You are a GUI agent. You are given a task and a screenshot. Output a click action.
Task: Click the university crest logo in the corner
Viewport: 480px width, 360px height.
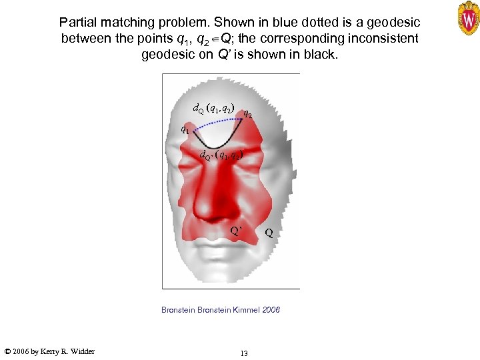point(468,18)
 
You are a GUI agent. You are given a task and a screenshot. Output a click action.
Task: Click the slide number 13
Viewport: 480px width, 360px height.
point(244,353)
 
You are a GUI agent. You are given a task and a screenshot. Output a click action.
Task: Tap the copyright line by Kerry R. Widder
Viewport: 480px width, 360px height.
point(49,351)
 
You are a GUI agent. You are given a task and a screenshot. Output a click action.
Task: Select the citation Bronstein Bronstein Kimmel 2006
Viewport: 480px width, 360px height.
point(221,310)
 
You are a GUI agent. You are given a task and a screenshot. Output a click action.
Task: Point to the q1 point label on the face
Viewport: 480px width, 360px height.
point(185,129)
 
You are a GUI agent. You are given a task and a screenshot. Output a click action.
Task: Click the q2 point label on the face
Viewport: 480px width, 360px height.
point(247,113)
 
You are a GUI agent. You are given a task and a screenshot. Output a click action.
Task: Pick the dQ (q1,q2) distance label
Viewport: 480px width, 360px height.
point(213,108)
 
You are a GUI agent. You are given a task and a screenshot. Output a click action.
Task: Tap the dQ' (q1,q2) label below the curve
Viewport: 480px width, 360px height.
point(222,155)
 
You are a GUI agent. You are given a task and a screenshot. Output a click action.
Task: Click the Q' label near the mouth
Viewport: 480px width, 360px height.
point(236,231)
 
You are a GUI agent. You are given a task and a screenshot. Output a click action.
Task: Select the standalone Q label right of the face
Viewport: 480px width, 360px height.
point(268,233)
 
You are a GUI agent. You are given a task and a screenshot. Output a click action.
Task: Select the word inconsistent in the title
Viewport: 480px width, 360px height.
point(377,38)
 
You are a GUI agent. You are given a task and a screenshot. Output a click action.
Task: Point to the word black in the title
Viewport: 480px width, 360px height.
point(319,54)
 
